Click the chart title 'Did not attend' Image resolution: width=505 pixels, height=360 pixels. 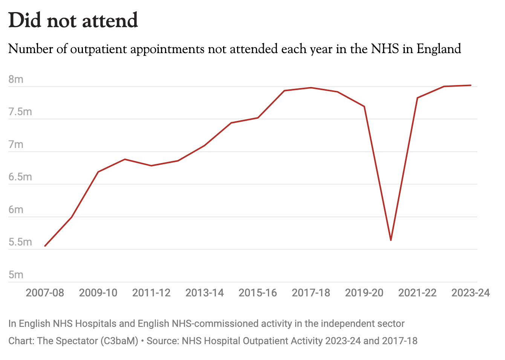73,20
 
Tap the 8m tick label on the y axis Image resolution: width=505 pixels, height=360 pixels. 16,79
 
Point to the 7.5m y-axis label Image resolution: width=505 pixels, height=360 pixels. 20,112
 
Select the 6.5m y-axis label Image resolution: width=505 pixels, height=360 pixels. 20,177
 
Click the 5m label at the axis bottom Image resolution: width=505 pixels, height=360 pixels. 16,275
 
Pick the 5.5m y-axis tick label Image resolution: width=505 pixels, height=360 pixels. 20,242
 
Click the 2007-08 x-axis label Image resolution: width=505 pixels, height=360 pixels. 45,293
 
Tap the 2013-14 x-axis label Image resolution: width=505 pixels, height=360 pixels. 205,293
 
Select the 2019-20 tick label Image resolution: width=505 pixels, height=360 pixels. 364,293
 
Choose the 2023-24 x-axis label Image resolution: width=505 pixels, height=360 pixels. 470,293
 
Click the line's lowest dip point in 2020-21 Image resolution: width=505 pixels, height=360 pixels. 391,240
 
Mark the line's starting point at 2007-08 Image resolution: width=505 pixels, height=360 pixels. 45,246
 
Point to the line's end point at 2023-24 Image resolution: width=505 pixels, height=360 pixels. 471,85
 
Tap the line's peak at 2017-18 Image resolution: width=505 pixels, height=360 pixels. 311,88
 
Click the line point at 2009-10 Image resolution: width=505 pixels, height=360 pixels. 98,172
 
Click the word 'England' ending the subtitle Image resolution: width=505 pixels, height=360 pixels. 439,49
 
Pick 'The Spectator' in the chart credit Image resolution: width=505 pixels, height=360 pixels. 67,341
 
